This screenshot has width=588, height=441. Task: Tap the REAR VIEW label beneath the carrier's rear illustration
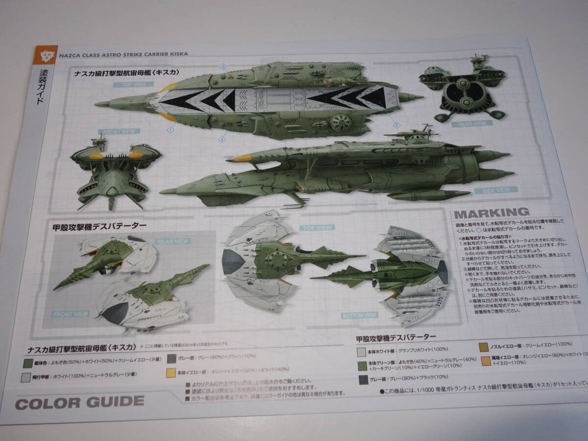tap(472, 124)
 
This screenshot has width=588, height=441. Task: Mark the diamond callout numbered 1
tap(170, 130)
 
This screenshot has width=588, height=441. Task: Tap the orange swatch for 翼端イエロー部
tap(485, 362)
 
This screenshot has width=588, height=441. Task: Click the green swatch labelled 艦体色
tap(28, 363)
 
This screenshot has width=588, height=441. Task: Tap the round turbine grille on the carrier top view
tap(339, 120)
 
